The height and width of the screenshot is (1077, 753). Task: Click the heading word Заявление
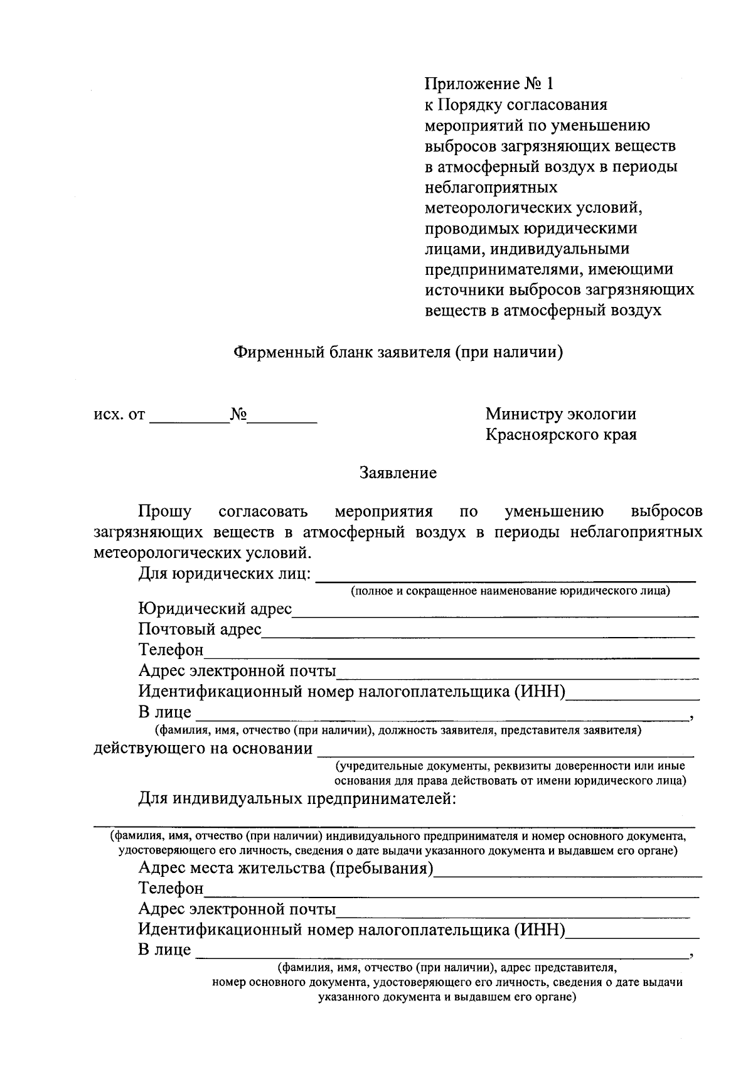coord(398,473)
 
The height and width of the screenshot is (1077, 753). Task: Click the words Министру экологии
coord(560,414)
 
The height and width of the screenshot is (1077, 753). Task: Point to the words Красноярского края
coord(561,435)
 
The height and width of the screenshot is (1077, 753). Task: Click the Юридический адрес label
coord(215,609)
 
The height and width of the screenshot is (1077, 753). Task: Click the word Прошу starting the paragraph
coord(165,512)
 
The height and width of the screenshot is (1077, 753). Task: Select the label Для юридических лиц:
coord(225,574)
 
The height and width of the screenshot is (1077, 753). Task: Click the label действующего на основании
coord(203,749)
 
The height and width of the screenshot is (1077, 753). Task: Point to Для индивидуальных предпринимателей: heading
coord(296,799)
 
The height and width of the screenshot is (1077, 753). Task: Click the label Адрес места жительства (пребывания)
coord(286,869)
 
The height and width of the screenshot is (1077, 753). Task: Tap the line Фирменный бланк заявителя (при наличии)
coord(398,353)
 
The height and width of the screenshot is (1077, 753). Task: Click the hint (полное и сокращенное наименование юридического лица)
coord(510,591)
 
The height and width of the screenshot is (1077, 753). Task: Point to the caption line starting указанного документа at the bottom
coord(447,997)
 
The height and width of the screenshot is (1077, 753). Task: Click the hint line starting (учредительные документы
coord(510,766)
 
